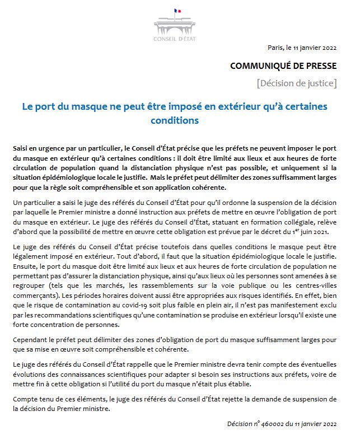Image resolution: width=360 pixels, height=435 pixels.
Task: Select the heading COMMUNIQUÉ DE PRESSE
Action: coord(283,66)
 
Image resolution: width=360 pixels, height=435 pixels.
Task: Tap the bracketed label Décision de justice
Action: coord(297,84)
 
